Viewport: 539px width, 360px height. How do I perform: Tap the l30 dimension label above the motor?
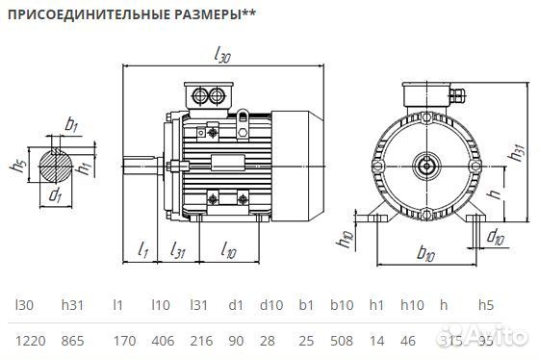click(222, 57)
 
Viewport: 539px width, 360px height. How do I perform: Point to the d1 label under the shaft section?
click(56, 197)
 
